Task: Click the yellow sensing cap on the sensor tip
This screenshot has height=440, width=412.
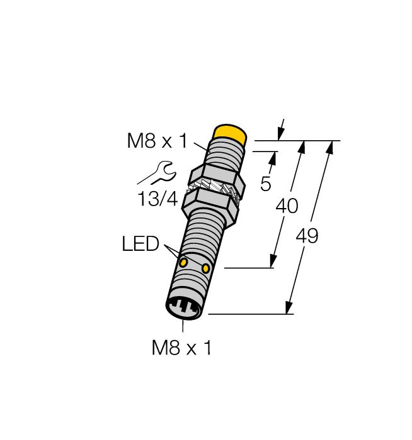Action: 230,133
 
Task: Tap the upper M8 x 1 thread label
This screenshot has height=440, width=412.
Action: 157,141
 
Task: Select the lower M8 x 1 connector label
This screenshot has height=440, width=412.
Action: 181,348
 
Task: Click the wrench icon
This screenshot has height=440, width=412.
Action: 157,173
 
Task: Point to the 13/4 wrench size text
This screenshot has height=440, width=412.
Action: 157,199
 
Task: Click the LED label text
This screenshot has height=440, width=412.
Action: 140,244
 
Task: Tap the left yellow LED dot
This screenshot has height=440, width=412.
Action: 183,262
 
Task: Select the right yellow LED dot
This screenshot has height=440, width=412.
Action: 206,269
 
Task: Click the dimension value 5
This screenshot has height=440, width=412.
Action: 266,184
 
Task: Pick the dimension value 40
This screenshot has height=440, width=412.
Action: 287,206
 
